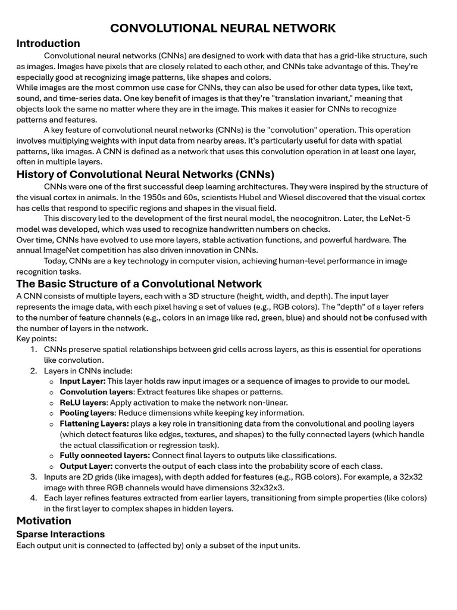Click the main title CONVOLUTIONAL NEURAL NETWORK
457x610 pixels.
pos(223,28)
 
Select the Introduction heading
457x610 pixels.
pos(48,43)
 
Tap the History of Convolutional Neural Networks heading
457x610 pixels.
pos(145,175)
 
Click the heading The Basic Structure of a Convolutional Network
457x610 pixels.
pos(139,284)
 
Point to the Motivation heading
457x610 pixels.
pos(43,521)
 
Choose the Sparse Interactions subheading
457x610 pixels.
pos(60,534)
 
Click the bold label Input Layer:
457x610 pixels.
pos(82,381)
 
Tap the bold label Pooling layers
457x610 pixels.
pos(86,413)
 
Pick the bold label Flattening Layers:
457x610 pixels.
pos(94,424)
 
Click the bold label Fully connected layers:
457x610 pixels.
pos(104,456)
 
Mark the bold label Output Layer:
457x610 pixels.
pos(86,466)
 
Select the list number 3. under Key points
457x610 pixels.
pos(33,477)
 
